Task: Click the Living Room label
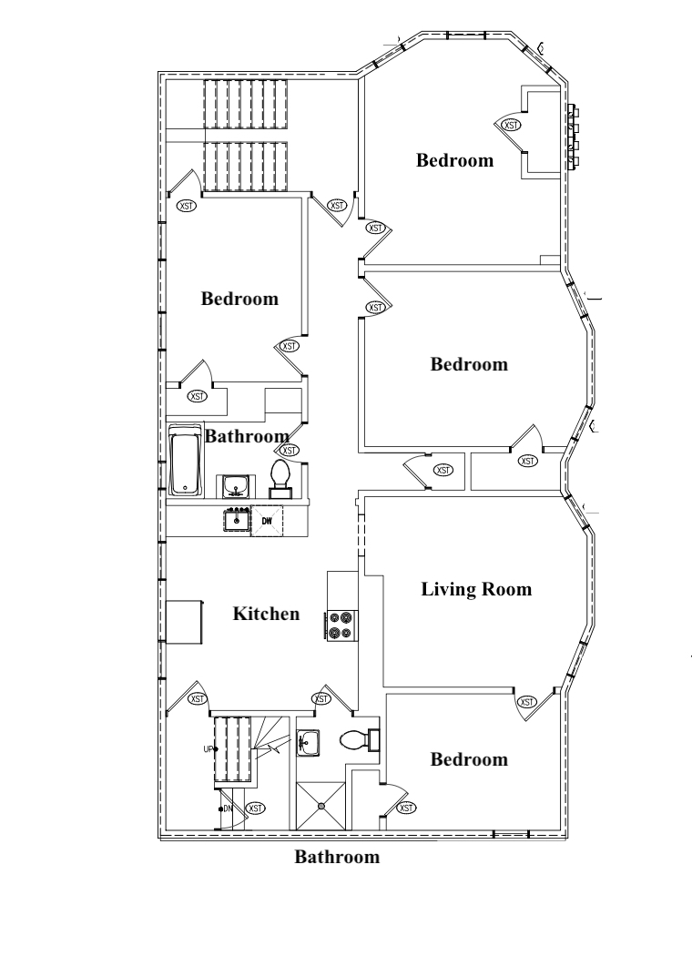[476, 589]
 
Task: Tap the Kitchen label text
[267, 614]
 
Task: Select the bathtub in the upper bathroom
[185, 461]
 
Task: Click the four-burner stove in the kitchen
[341, 625]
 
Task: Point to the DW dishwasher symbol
[267, 522]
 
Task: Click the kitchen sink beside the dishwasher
[237, 520]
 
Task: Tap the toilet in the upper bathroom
[280, 480]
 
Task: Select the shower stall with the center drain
[321, 806]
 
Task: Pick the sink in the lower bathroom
[308, 743]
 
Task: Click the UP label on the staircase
[209, 749]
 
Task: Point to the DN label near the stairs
[228, 809]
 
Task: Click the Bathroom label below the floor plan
[337, 857]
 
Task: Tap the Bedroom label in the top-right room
[455, 160]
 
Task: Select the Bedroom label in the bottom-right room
[469, 759]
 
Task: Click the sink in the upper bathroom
[234, 486]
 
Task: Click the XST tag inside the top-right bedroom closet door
[511, 125]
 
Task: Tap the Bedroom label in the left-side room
[239, 299]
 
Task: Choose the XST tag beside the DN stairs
[256, 809]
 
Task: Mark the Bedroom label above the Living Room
[469, 364]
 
